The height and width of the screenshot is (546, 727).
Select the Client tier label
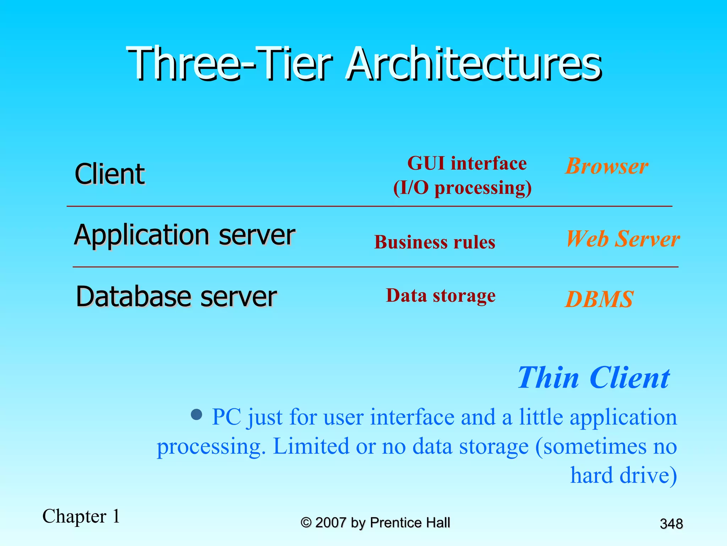point(110,174)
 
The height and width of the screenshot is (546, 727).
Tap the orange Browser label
point(607,166)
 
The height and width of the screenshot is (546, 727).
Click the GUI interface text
point(467,164)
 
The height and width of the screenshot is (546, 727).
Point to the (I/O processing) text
point(463,188)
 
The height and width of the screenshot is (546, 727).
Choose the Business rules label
point(434,242)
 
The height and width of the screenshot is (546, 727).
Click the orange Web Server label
point(623,239)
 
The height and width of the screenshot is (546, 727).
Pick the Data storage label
point(441,296)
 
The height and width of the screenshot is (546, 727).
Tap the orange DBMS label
point(599,299)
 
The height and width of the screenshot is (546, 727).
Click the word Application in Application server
point(142,235)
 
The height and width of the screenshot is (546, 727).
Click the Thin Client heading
point(594,378)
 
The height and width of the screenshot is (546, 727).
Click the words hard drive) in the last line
point(623,475)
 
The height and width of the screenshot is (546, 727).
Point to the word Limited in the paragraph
point(311,446)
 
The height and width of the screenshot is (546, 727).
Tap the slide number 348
point(671,524)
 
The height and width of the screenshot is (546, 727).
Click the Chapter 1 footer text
point(81,516)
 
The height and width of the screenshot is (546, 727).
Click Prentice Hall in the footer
point(410,523)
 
